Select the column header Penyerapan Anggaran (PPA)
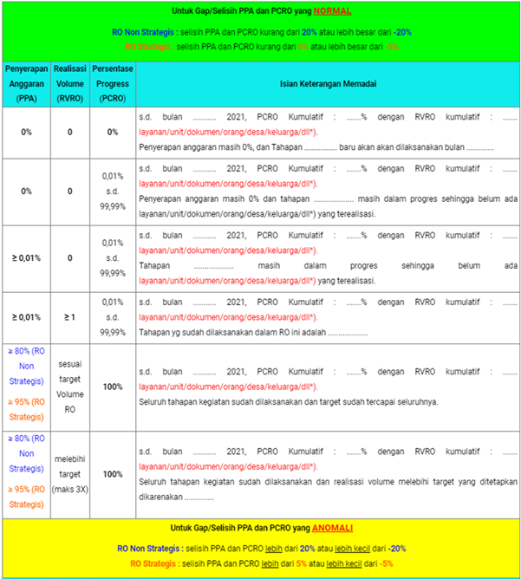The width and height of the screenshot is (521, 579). pyautogui.click(x=25, y=83)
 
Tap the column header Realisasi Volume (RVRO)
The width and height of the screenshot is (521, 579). pyautogui.click(x=69, y=83)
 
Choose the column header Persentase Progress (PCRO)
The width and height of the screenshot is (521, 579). pyautogui.click(x=113, y=83)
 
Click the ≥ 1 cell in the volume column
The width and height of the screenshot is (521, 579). pyautogui.click(x=69, y=317)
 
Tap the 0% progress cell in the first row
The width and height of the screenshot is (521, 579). pyautogui.click(x=113, y=132)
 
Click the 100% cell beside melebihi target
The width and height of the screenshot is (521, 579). pyautogui.click(x=113, y=474)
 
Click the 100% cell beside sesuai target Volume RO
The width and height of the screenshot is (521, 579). pyautogui.click(x=113, y=387)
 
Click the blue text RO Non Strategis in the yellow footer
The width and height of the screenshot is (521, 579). pyautogui.click(x=147, y=549)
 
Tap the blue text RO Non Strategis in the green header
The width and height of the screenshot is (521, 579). pyautogui.click(x=142, y=31)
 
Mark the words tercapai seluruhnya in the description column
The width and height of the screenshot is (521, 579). pyautogui.click(x=400, y=402)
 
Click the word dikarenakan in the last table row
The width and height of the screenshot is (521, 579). pyautogui.click(x=160, y=498)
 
